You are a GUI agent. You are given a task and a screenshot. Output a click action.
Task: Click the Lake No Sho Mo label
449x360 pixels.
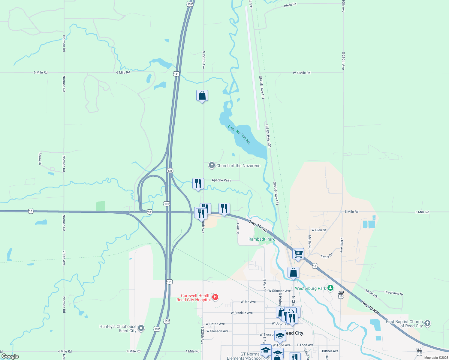(x=239, y=135)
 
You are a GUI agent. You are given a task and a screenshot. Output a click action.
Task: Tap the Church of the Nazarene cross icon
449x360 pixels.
(x=212, y=165)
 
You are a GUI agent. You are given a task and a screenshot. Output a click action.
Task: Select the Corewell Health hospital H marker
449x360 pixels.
(x=215, y=297)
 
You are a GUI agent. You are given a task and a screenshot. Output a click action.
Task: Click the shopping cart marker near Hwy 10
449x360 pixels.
(x=298, y=254)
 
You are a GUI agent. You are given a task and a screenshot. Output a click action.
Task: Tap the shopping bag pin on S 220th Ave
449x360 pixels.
(x=202, y=95)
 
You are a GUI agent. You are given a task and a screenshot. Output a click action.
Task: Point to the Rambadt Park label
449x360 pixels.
(x=261, y=239)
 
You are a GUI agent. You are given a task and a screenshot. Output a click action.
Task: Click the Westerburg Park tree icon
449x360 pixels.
(x=330, y=288)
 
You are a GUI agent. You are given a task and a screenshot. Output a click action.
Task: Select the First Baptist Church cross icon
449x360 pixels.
(x=427, y=323)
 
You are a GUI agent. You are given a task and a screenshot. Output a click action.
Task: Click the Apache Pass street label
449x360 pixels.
(x=221, y=180)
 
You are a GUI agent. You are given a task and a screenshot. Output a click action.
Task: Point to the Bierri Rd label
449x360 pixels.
(x=290, y=5)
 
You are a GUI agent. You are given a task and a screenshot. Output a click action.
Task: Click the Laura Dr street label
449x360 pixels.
(x=40, y=159)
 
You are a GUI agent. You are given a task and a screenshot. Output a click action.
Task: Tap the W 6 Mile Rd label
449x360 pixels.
(x=302, y=73)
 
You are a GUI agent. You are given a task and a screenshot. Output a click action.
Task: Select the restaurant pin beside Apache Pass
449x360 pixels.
(x=198, y=183)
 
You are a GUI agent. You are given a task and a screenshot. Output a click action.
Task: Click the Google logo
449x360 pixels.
(x=10, y=356)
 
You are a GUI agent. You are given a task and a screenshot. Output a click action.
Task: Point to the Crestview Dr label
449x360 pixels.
(x=393, y=293)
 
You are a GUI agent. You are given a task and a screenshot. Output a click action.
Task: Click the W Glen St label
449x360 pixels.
(x=318, y=230)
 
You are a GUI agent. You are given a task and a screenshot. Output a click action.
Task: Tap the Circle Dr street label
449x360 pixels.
(x=327, y=256)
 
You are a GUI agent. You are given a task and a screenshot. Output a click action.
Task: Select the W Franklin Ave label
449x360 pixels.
(x=242, y=313)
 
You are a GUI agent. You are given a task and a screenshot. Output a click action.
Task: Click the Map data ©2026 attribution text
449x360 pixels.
(x=435, y=358)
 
